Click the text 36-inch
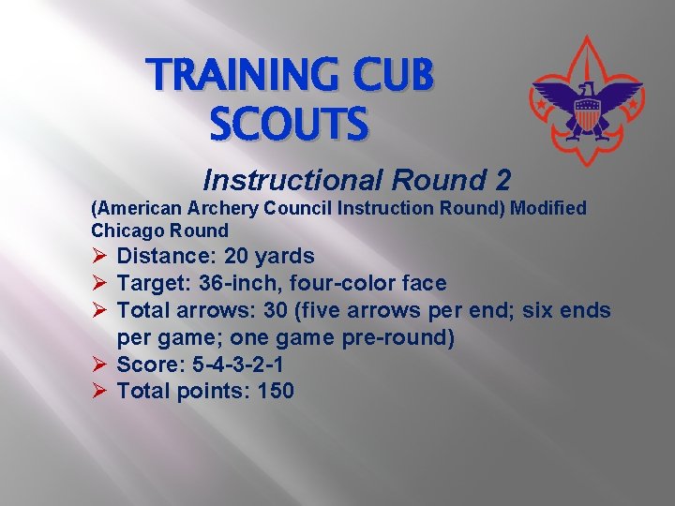pos(218,283)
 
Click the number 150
pos(275,391)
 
